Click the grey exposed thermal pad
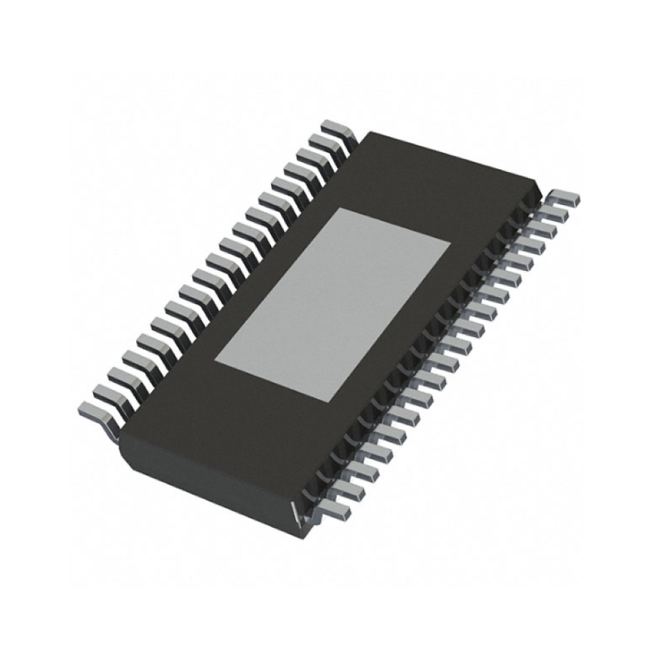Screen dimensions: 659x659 click(332, 304)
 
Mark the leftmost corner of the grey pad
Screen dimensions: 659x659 click(214, 360)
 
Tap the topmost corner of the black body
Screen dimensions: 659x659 click(370, 133)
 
